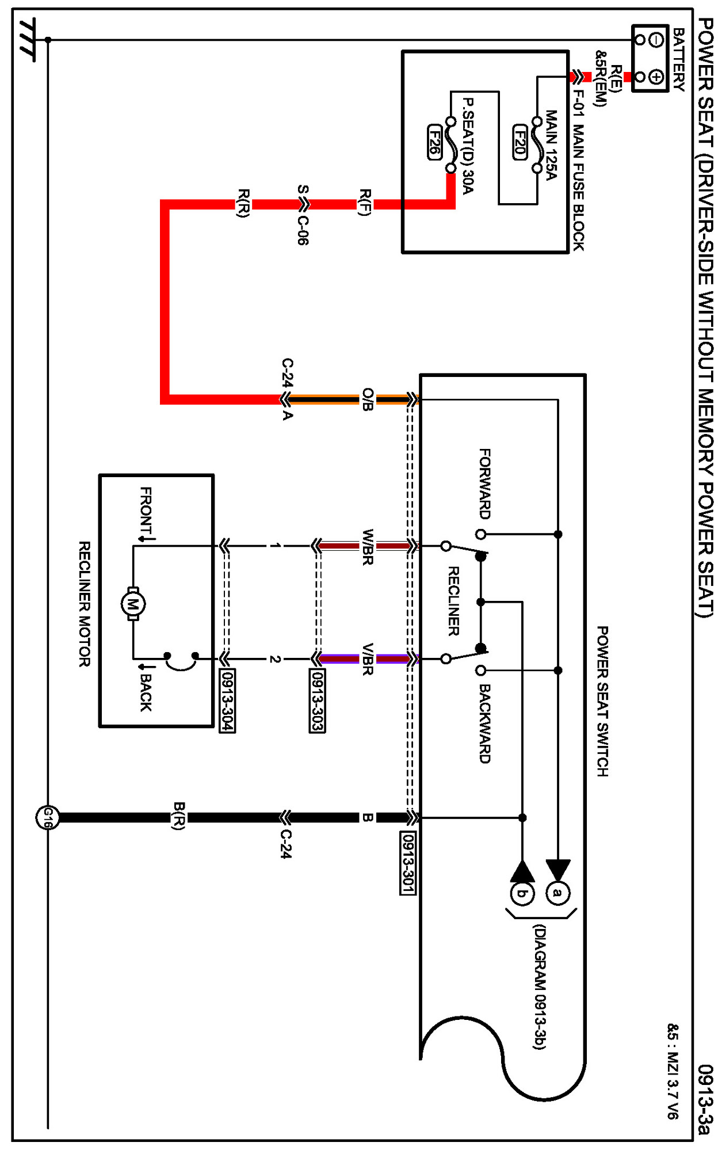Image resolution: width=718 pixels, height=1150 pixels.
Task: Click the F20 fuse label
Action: coord(520,142)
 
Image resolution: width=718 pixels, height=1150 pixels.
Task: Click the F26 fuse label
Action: coord(434,142)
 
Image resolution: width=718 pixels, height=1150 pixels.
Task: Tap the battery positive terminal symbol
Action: coord(656,77)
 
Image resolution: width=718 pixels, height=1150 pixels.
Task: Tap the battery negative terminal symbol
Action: coord(656,40)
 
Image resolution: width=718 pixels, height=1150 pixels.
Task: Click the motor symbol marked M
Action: coord(133,604)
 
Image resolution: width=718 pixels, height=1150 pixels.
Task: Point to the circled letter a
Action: coord(557,893)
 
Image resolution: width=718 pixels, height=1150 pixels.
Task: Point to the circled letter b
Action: coord(522,893)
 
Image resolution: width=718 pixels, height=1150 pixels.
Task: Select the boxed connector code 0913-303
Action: coord(317,700)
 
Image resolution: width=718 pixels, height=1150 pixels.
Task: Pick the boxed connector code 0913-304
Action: coord(227,700)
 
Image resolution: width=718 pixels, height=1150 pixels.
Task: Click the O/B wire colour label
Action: coord(368,399)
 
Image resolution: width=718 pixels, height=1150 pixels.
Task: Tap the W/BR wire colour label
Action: coord(368,547)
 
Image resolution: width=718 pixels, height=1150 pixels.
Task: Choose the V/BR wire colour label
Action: coord(368,659)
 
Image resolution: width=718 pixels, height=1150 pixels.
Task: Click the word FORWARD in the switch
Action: coord(485,483)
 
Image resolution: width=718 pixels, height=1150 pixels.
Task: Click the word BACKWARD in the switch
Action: coord(485,723)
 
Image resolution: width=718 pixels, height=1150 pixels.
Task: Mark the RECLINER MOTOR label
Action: coord(84,604)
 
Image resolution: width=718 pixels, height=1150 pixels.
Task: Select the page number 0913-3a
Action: coord(705,1099)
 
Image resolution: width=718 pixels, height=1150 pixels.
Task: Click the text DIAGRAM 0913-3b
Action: coord(539,987)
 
